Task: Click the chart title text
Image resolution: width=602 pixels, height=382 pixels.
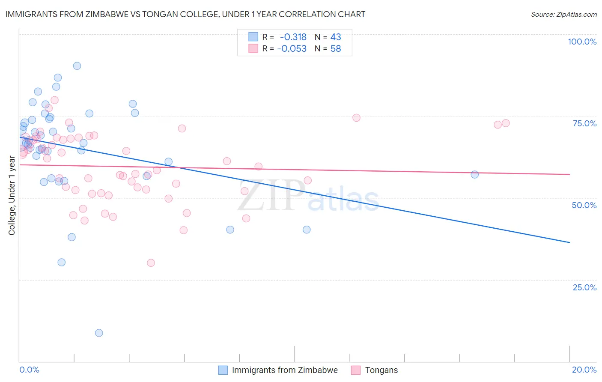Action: tap(185, 14)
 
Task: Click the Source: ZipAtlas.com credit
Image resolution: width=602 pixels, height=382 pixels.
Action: tap(563, 14)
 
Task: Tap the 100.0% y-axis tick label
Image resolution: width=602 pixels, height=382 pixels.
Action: tap(582, 42)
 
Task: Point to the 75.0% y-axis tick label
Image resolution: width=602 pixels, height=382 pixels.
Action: tap(584, 123)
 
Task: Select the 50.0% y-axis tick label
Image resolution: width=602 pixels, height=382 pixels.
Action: tap(584, 205)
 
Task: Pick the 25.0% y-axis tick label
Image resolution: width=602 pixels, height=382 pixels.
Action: tap(584, 287)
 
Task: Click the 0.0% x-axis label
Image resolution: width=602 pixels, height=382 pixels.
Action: tap(29, 370)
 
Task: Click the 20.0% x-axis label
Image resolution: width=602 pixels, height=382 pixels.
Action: tap(584, 370)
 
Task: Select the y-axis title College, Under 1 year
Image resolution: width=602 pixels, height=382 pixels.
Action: tap(12, 196)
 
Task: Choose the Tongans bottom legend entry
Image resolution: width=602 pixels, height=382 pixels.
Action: tap(381, 370)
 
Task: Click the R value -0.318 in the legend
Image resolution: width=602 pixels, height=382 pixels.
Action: tap(293, 37)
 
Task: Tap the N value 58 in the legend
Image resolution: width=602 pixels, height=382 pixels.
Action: tap(336, 49)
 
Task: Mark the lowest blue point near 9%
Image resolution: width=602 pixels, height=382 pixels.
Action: tap(99, 333)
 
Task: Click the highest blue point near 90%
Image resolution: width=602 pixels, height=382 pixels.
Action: tap(77, 66)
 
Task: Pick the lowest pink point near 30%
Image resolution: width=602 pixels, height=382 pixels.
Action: tap(151, 263)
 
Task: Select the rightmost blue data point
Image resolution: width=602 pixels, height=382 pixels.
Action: tap(474, 174)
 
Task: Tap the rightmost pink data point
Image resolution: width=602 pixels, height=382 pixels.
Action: tap(506, 123)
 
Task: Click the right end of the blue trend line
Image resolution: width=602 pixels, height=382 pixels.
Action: tap(569, 242)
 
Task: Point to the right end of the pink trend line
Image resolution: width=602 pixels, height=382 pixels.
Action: tap(569, 174)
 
